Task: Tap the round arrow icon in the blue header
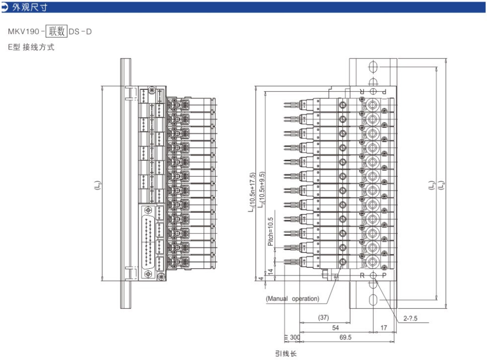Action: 6,7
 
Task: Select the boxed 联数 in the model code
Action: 57,32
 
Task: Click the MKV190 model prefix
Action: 24,32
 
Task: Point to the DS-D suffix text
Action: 80,32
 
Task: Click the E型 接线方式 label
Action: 31,48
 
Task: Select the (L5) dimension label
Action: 97,184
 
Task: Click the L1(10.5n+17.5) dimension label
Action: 251,192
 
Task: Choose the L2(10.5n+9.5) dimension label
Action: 261,190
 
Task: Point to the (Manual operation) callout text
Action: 292,299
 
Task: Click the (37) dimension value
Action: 324,317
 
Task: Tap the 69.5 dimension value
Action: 345,337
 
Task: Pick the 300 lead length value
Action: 294,337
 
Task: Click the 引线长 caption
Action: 286,354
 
